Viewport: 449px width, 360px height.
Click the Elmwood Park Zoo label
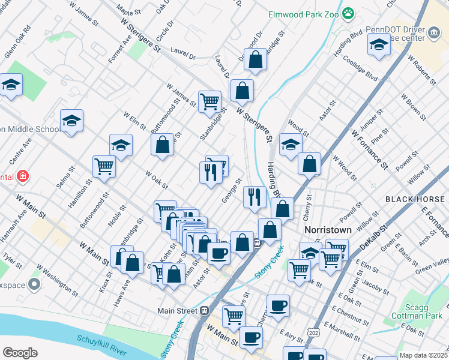(x=304, y=12)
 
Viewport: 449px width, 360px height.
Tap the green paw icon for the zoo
(x=349, y=12)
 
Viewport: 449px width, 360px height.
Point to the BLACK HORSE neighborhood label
(x=416, y=199)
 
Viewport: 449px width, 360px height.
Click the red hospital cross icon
(x=22, y=176)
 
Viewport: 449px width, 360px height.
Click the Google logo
(x=20, y=352)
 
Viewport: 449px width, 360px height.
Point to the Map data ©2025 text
(x=423, y=355)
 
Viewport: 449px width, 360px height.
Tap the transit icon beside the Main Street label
(x=204, y=310)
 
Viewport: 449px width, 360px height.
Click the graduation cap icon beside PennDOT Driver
(x=379, y=45)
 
